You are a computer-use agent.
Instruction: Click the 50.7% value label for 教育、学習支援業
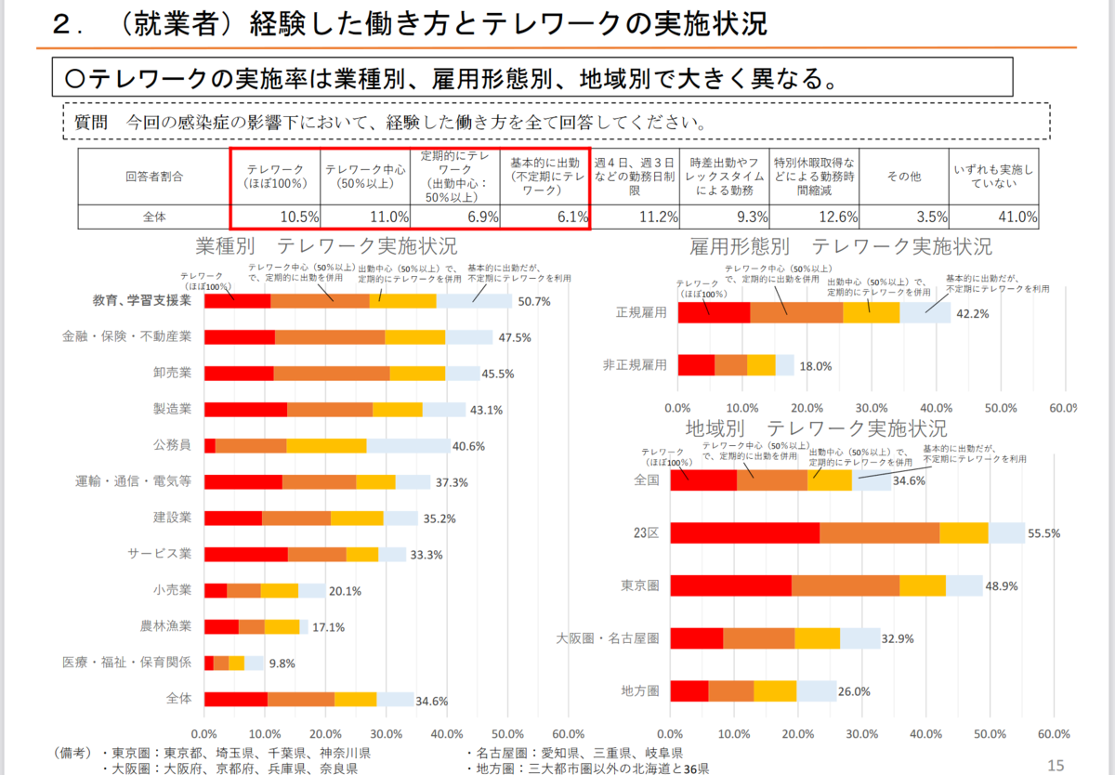(x=534, y=302)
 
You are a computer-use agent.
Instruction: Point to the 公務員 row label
(x=172, y=445)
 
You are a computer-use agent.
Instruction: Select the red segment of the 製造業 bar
(x=245, y=409)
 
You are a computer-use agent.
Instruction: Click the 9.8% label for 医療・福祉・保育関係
(x=283, y=663)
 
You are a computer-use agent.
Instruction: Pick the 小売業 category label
(x=172, y=590)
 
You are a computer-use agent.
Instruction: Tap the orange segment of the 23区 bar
(x=879, y=532)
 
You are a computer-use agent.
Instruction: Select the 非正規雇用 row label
(x=635, y=365)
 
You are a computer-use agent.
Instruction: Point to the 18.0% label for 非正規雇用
(x=816, y=366)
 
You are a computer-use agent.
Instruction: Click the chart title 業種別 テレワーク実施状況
(x=326, y=247)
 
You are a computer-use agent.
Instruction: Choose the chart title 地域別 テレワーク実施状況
(x=816, y=429)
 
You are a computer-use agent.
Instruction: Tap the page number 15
(x=1055, y=765)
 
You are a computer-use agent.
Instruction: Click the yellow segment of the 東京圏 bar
(x=923, y=585)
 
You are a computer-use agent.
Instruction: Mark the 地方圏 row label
(x=640, y=691)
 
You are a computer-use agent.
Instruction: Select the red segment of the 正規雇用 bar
(x=714, y=313)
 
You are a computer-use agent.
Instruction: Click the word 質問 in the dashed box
(x=92, y=122)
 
